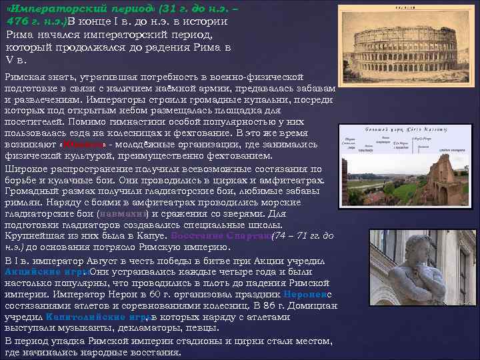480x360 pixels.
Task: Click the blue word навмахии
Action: [x=124, y=214]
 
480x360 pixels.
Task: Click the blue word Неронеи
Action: [x=304, y=294]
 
